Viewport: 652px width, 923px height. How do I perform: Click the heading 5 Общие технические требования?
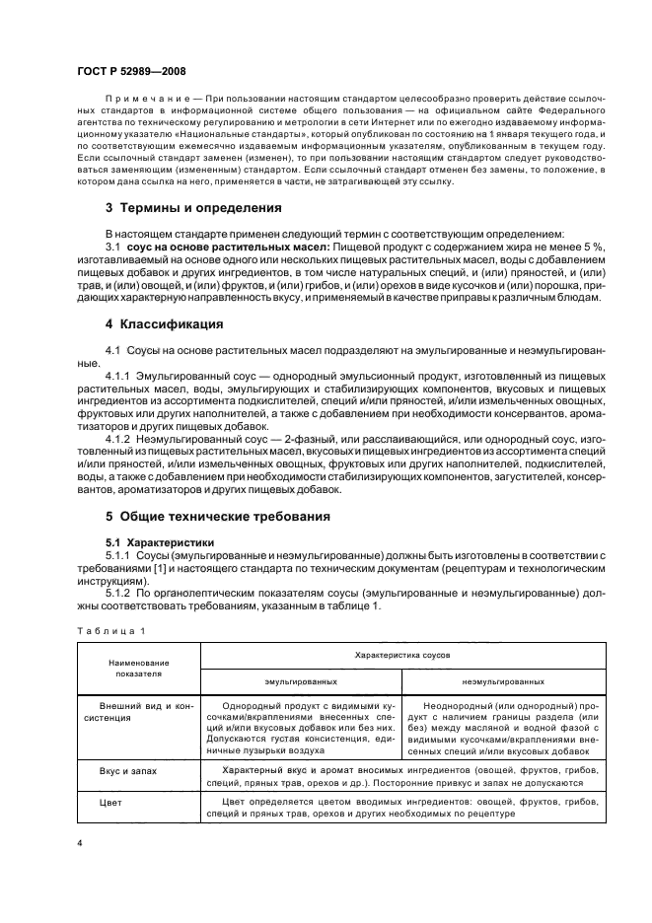click(x=217, y=516)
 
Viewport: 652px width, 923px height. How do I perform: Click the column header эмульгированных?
click(x=301, y=681)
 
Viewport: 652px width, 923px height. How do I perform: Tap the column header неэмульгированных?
click(x=502, y=681)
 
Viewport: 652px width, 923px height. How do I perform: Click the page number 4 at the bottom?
click(x=80, y=844)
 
